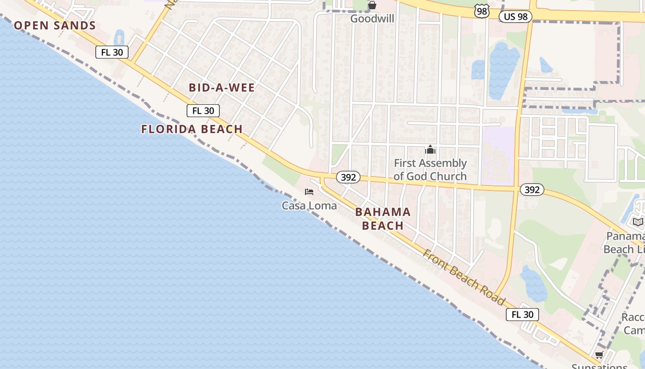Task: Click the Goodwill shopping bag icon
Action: [372, 6]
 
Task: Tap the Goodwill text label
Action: [372, 18]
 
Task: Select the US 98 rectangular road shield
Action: [516, 17]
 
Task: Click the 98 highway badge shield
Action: [482, 12]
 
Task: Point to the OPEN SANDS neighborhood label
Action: [55, 25]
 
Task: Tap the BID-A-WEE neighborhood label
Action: [222, 88]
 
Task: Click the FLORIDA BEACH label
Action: [192, 129]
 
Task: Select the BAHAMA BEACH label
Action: [383, 219]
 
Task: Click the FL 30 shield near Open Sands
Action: [112, 52]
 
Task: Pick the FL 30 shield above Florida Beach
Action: [203, 111]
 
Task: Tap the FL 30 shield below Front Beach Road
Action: [522, 315]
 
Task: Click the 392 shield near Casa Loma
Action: [348, 178]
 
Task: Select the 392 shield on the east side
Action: [532, 190]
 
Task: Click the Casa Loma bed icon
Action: [309, 192]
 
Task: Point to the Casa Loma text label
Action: [309, 206]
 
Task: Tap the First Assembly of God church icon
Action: [430, 149]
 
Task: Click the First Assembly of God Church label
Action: [430, 170]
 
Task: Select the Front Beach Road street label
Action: [463, 277]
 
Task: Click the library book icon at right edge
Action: [638, 222]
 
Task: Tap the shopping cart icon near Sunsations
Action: [599, 355]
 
